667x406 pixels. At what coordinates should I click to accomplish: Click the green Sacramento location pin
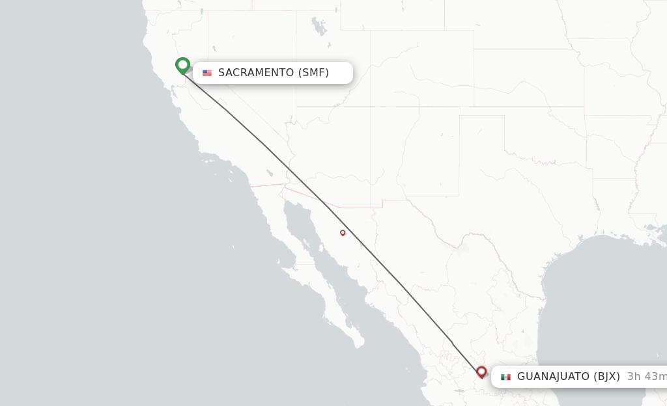183,64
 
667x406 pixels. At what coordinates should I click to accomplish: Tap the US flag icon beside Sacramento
207,73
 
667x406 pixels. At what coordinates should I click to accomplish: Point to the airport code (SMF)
313,73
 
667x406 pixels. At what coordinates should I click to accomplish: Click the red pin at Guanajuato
481,372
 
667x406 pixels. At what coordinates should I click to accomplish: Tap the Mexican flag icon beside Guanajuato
505,377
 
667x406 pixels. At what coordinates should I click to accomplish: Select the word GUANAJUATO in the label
553,377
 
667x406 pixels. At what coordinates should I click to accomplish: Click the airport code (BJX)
606,377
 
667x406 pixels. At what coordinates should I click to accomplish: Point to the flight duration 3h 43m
647,377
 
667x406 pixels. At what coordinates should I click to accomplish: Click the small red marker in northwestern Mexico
343,232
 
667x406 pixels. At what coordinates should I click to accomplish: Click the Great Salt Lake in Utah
319,27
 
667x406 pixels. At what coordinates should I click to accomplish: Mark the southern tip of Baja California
360,345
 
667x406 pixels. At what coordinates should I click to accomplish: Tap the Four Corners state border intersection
371,106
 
